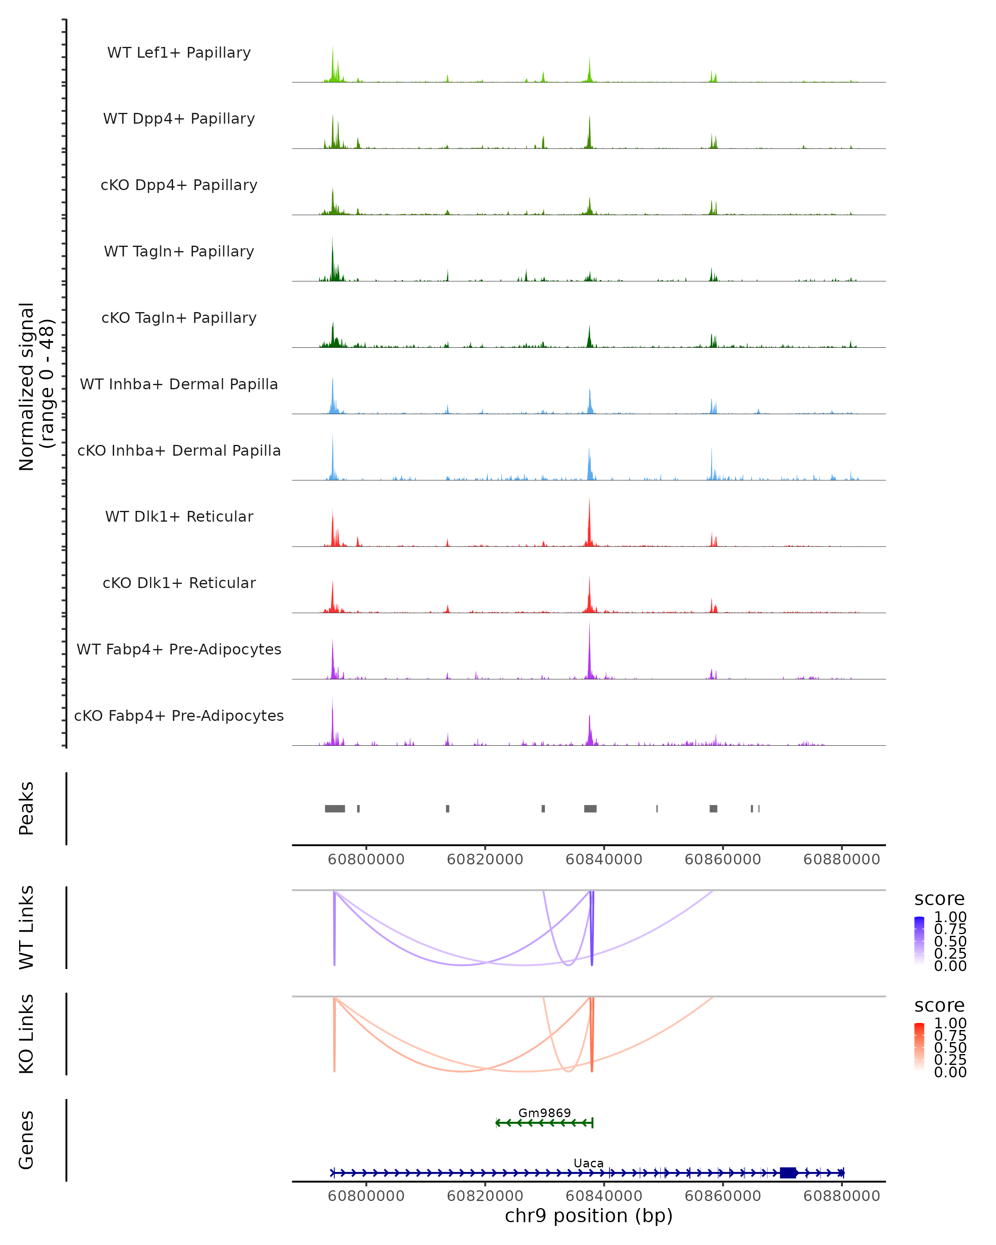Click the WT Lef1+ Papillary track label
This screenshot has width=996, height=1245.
[179, 53]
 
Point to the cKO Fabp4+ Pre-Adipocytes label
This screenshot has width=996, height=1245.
[179, 715]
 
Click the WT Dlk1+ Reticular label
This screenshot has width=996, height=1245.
[179, 516]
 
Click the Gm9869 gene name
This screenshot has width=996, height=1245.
[544, 1113]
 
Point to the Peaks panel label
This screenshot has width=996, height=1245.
[27, 808]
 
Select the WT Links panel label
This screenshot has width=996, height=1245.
[27, 928]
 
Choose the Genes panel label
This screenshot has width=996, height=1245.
[27, 1140]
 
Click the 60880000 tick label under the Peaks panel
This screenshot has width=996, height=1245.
[841, 859]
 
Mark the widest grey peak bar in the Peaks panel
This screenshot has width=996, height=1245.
[335, 808]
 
